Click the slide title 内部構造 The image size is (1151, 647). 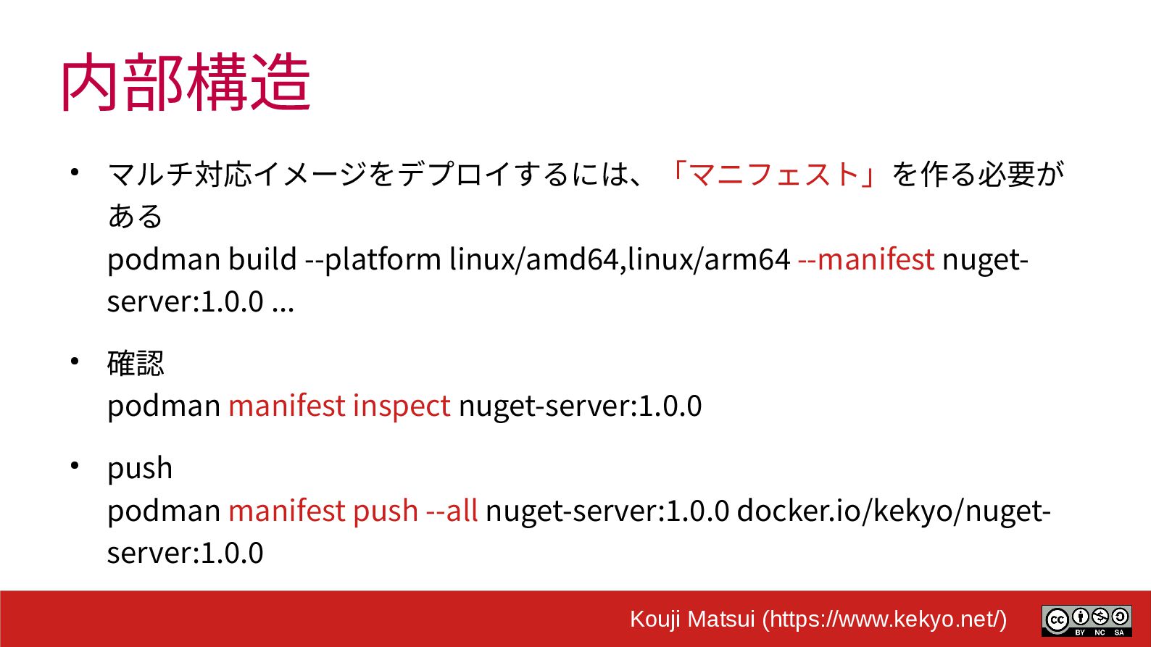186,83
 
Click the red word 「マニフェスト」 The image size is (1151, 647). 773,175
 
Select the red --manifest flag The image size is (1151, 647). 865,259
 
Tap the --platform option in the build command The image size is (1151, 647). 373,259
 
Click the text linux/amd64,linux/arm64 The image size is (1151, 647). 619,259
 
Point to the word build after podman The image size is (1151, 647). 262,259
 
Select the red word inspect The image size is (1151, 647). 402,406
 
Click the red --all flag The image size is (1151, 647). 452,511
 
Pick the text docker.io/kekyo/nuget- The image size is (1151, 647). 894,511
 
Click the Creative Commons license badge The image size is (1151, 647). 1086,621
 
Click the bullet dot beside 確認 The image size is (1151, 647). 75,361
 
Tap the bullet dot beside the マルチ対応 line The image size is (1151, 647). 75,172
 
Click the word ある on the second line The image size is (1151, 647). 136,217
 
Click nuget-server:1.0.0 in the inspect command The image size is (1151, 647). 580,406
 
